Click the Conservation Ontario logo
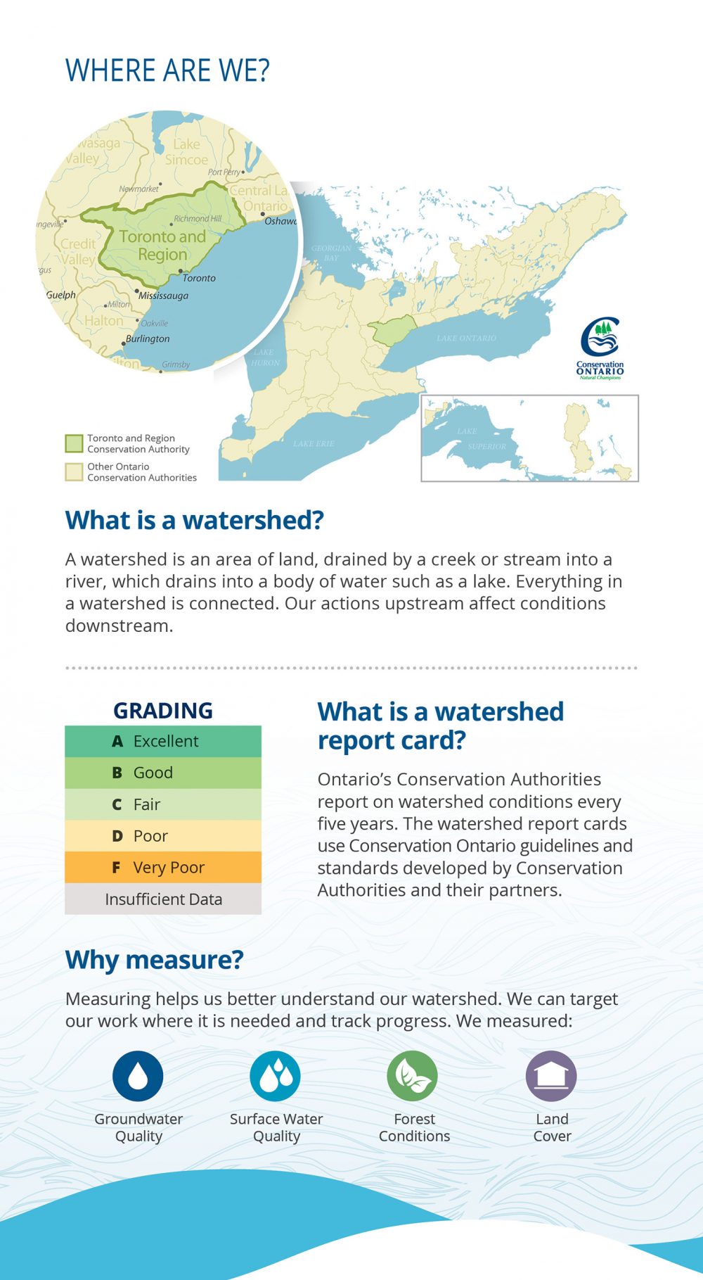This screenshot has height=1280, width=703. (600, 348)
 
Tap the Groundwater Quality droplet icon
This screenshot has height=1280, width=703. (138, 1076)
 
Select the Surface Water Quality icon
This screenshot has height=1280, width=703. (275, 1076)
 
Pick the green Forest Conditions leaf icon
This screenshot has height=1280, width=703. (412, 1076)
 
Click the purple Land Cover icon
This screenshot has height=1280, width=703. (551, 1076)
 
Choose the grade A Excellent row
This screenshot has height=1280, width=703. (163, 741)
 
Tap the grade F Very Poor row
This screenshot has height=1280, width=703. (163, 868)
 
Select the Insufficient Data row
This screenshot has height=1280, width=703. (163, 899)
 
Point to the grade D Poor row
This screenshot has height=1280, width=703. (163, 836)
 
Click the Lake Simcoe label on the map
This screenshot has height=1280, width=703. (186, 152)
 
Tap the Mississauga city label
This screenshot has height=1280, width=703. (163, 296)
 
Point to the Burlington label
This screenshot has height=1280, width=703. (148, 338)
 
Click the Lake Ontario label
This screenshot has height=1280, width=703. (466, 338)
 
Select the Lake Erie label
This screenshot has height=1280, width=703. (314, 443)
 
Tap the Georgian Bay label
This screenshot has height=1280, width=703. (331, 253)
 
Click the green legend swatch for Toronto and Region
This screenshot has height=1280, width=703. (74, 443)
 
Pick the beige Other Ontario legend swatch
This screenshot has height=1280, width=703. (74, 471)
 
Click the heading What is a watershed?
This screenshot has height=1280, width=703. (195, 520)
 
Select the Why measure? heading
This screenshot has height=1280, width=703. (154, 960)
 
